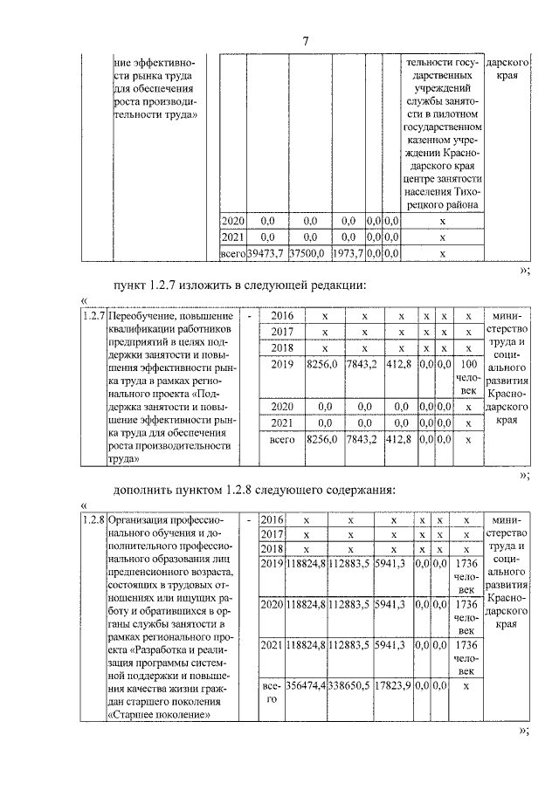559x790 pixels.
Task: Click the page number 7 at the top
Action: coord(306,41)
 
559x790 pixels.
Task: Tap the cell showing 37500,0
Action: coord(309,253)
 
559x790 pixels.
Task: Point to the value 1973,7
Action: coord(348,253)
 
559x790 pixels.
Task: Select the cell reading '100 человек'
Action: coord(468,376)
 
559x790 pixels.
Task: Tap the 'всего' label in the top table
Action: coord(231,253)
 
